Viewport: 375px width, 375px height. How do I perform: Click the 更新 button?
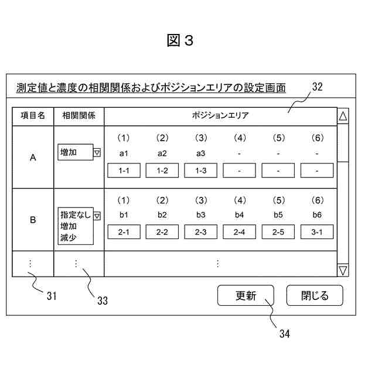(246, 296)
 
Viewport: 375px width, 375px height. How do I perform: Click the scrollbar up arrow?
(343, 116)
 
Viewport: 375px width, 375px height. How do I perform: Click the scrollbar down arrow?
(343, 270)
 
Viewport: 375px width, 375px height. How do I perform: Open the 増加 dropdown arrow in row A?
(97, 152)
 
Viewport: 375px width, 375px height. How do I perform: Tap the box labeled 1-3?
(201, 171)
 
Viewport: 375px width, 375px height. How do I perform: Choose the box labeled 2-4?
(239, 233)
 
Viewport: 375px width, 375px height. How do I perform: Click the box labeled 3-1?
(317, 233)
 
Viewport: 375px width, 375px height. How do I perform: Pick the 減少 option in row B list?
(69, 238)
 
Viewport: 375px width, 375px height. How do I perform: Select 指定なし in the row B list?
(75, 215)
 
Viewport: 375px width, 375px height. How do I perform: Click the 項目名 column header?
(33, 116)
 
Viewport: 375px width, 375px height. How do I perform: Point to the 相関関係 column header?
(79, 116)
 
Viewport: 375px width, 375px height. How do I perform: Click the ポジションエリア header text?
(220, 116)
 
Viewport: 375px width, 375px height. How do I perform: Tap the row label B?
(33, 220)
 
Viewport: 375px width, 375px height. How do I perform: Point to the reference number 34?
(284, 333)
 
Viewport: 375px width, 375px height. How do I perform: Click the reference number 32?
(317, 87)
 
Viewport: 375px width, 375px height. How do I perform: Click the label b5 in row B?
(278, 215)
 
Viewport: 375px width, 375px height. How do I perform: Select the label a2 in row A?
(162, 153)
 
